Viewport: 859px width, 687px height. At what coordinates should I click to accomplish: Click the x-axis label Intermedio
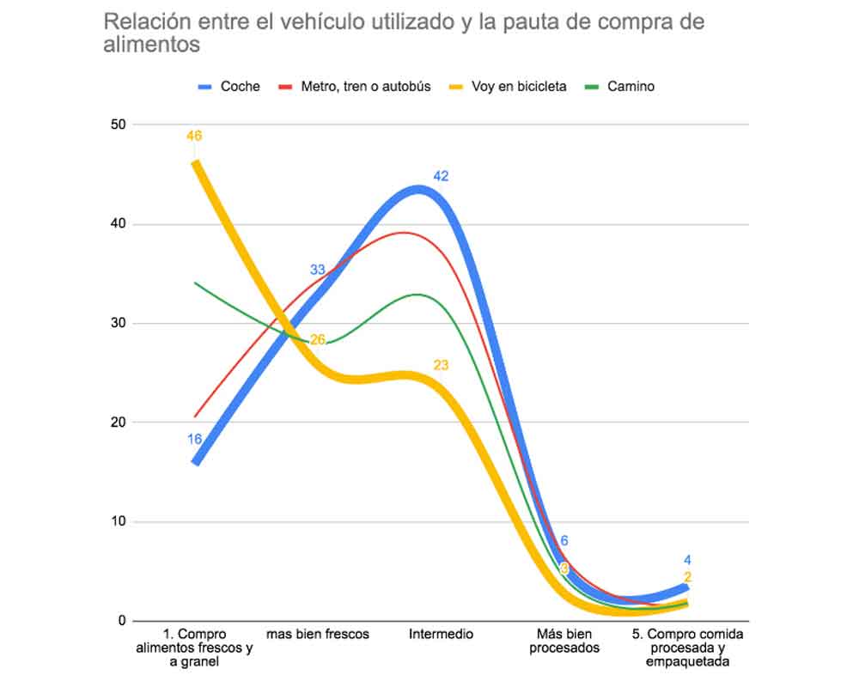[x=441, y=635]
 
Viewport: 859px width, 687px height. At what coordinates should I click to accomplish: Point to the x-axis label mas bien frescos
[x=318, y=635]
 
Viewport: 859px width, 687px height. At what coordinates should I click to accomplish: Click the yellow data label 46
[x=194, y=136]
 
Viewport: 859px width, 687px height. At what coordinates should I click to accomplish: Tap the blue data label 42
[x=442, y=176]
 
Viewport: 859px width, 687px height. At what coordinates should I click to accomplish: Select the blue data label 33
[x=318, y=271]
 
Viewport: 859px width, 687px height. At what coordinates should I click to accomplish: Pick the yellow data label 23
[x=441, y=365]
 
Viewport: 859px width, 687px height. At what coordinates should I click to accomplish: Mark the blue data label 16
[x=194, y=439]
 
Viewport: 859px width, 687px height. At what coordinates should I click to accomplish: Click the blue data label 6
[x=564, y=541]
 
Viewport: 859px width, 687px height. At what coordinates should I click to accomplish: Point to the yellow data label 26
[x=318, y=340]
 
